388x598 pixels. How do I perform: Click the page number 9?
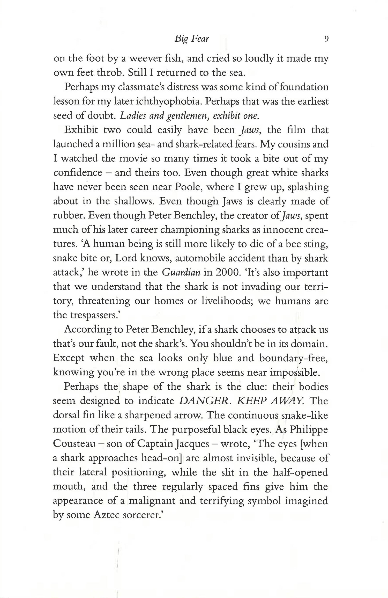pos(326,39)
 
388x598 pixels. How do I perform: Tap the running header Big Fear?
pos(192,39)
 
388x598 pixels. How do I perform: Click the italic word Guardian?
pos(181,272)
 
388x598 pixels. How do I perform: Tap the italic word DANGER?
pos(204,401)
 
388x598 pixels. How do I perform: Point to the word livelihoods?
pos(228,301)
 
